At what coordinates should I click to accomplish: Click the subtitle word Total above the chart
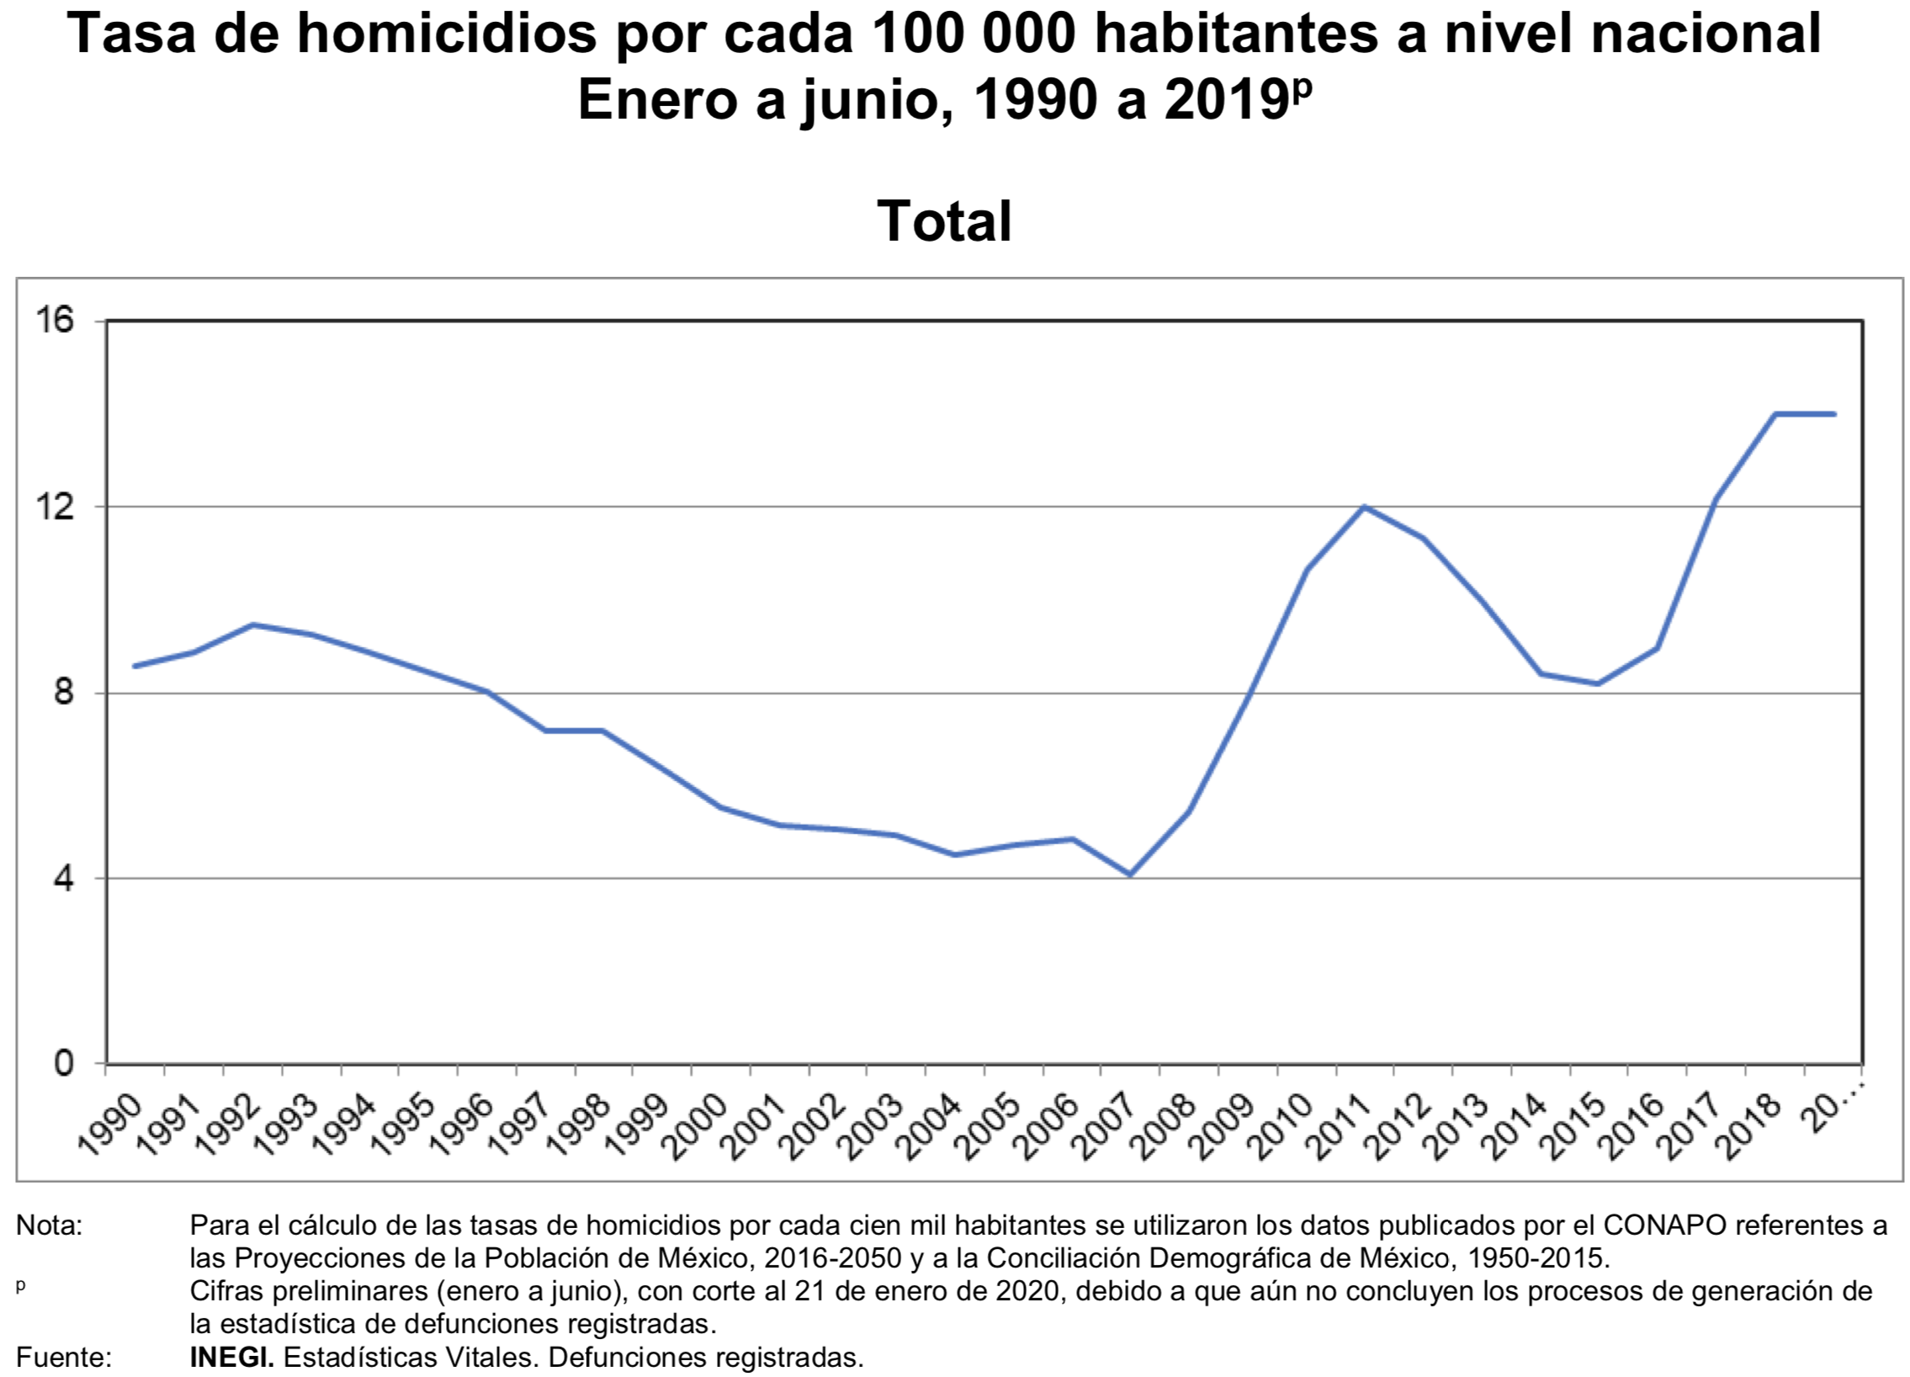pos(944,221)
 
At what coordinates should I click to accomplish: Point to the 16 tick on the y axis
pos(54,320)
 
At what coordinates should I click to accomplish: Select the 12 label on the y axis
pos(54,506)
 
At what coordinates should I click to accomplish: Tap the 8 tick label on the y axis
pos(63,693)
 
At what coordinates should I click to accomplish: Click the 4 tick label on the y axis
pos(63,879)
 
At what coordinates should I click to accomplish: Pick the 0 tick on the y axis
pos(63,1064)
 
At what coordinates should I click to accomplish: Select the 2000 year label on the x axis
pos(696,1125)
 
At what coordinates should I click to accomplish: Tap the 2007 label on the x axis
pos(1106,1125)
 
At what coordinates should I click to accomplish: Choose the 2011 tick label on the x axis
pos(1340,1125)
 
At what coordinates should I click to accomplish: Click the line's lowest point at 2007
pos(1129,875)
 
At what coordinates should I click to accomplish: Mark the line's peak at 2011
pos(1363,506)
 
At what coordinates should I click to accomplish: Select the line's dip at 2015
pos(1598,683)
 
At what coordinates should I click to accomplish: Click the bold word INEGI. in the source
pos(231,1358)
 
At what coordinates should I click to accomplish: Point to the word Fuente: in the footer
pos(64,1358)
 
